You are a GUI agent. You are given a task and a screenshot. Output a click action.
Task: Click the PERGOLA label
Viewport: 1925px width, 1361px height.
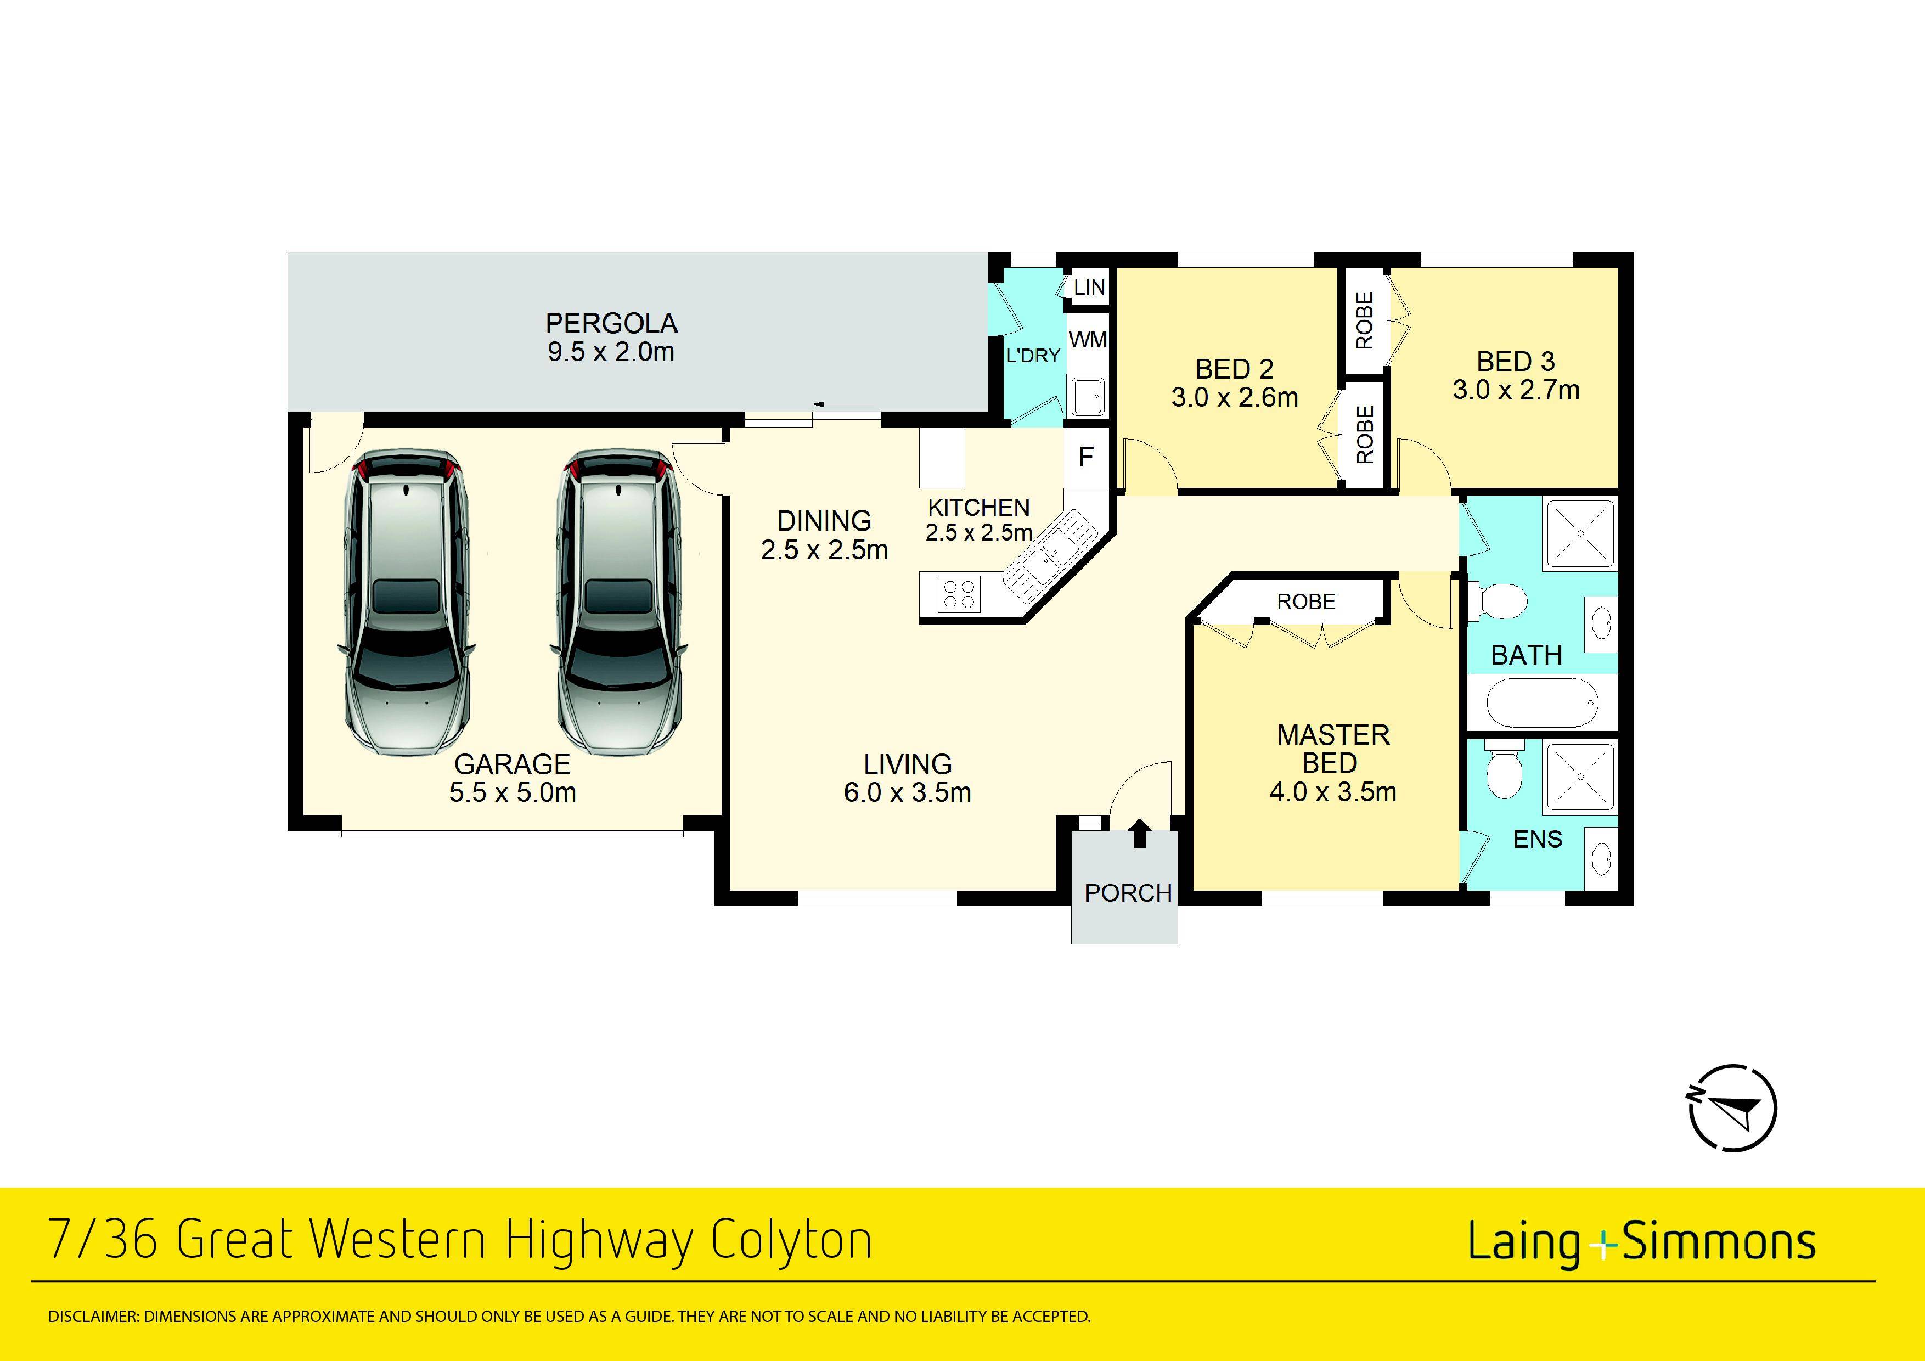(611, 324)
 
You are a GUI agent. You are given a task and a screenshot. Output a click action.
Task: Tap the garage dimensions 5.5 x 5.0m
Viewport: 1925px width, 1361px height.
(513, 792)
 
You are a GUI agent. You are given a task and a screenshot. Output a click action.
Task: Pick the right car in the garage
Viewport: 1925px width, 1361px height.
(619, 602)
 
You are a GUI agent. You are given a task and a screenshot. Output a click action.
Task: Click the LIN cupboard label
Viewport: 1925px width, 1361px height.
(1089, 288)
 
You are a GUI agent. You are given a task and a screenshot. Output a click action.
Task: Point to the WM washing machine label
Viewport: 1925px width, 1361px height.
(1088, 340)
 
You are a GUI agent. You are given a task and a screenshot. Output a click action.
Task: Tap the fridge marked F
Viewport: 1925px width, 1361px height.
(1087, 457)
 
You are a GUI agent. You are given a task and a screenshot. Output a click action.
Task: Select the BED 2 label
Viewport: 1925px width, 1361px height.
(1234, 369)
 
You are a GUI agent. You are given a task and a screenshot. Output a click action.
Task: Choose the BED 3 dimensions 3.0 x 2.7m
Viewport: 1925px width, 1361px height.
(1516, 390)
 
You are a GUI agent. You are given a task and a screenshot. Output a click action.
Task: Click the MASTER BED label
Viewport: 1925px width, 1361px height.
(1333, 749)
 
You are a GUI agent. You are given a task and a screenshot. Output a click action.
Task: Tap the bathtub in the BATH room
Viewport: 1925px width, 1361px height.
(1541, 702)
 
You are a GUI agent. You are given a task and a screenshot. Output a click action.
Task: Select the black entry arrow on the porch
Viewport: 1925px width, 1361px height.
(1139, 834)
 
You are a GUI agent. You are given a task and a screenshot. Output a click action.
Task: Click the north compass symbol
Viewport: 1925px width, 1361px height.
(1731, 1109)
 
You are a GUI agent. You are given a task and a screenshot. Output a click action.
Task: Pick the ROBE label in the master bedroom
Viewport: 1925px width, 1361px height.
(1306, 601)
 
